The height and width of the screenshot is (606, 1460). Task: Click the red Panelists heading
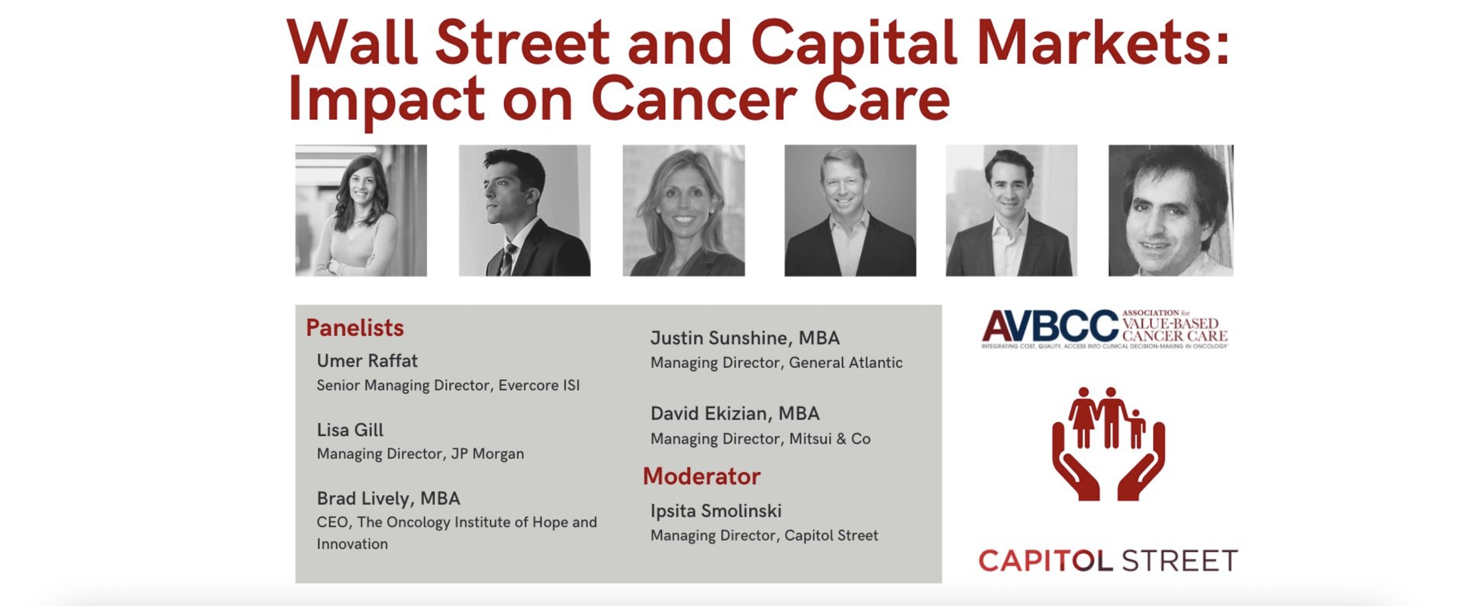point(355,328)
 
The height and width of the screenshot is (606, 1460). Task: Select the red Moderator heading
point(702,476)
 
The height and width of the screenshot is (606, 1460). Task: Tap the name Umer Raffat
point(367,361)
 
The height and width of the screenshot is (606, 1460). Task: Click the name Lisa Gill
point(350,430)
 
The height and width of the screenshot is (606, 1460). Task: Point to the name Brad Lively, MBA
point(388,498)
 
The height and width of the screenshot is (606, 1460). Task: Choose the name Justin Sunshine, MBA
point(745,338)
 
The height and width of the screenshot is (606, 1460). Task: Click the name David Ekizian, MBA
point(735,413)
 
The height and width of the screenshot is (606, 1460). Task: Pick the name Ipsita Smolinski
point(716,511)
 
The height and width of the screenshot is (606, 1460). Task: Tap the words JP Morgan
point(487,454)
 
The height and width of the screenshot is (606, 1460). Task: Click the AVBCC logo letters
point(1050,327)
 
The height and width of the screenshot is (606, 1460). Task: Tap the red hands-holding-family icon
point(1108,444)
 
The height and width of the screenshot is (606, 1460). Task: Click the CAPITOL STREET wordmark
point(1108,561)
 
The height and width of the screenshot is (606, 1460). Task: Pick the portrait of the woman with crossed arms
point(361,210)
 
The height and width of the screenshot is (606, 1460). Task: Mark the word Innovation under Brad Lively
point(352,544)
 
